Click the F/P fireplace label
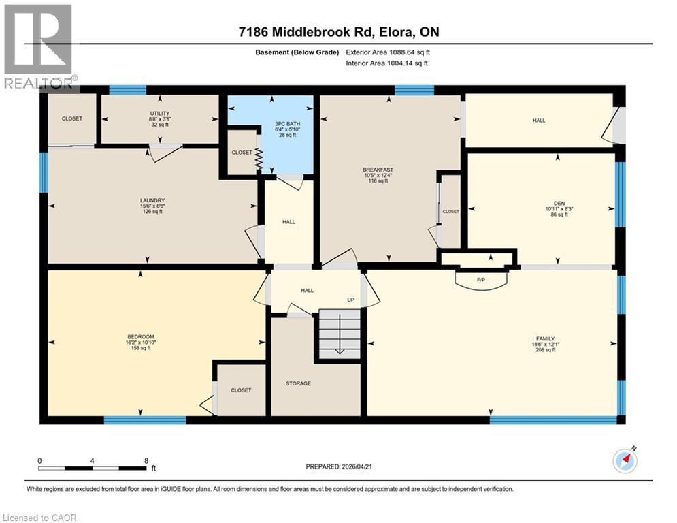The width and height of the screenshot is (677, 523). (x=482, y=279)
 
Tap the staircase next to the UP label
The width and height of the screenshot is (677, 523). (x=338, y=334)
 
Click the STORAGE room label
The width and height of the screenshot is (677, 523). (x=298, y=383)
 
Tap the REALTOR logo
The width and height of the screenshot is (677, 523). (x=38, y=46)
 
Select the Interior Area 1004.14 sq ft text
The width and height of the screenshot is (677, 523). (x=386, y=63)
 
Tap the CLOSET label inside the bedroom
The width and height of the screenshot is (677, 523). (x=241, y=390)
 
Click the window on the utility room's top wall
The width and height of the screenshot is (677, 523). (x=127, y=89)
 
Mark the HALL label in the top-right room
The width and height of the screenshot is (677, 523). (x=539, y=121)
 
